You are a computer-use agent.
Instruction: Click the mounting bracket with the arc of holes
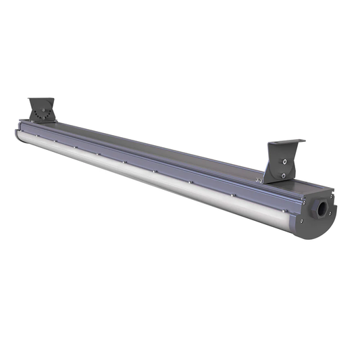tap(43, 111)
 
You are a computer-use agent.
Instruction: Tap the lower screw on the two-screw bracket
tap(283, 175)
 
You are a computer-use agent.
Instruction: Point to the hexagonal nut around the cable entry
tap(315, 211)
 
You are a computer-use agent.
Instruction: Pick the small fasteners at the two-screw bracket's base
tap(258, 180)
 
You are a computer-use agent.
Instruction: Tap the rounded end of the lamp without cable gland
tap(19, 132)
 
